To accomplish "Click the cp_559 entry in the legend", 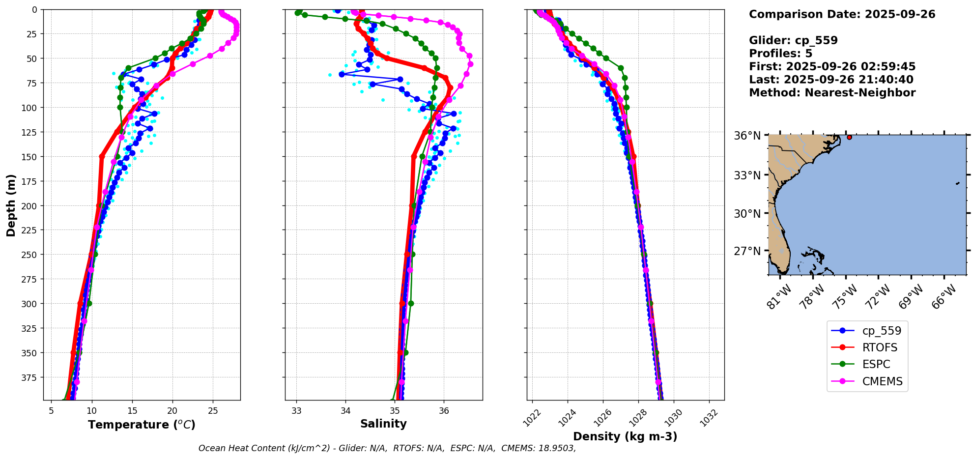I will (x=881, y=331).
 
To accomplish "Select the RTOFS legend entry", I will (x=879, y=347).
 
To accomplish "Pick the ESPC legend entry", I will (x=876, y=364).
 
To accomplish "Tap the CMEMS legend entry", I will (x=882, y=381).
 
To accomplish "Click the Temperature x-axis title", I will (x=142, y=425).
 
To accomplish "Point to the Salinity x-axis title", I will (x=383, y=424).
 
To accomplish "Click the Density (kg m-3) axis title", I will (x=625, y=436).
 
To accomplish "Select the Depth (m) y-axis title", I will (x=11, y=205).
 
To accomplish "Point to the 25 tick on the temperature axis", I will (x=212, y=410).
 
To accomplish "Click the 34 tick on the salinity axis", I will (x=345, y=410).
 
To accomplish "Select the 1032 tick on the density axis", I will (x=709, y=418).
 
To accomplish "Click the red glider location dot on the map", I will (x=849, y=137).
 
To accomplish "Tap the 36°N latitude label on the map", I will (x=747, y=136).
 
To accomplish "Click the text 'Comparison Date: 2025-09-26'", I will (x=842, y=14).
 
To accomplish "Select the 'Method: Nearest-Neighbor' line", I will (x=832, y=93).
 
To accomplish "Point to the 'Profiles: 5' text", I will (x=780, y=54).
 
